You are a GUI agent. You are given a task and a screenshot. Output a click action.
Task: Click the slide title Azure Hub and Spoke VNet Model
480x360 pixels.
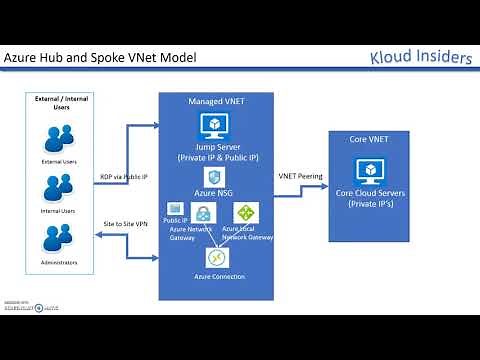[x=101, y=58]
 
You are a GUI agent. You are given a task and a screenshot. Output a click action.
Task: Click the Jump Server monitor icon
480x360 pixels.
[x=216, y=124]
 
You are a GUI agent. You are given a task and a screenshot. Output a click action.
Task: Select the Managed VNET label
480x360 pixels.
[x=213, y=102]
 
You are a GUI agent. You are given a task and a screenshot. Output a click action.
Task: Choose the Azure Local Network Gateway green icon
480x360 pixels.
[x=244, y=212]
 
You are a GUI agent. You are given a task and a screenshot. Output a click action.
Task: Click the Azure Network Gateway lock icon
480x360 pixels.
[x=202, y=213]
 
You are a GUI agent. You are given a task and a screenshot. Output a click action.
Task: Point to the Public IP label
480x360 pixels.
[x=176, y=219]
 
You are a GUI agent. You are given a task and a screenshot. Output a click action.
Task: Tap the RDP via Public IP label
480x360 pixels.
[x=124, y=176]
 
